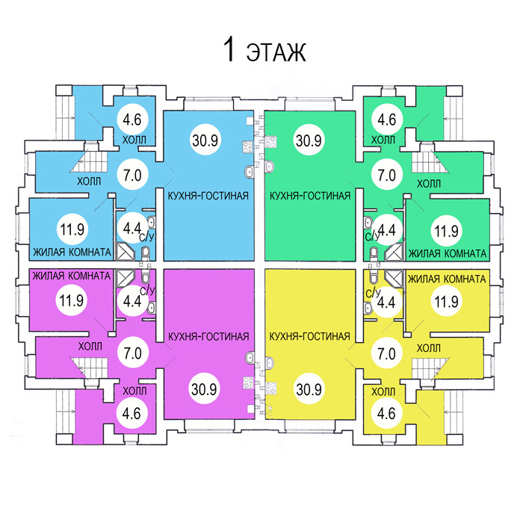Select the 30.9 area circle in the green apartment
(308, 140)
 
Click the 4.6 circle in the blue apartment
(132, 119)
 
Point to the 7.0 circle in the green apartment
(386, 176)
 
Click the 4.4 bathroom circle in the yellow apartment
(386, 302)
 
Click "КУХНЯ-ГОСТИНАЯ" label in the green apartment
(309, 196)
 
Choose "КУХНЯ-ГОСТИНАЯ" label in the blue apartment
(208, 196)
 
